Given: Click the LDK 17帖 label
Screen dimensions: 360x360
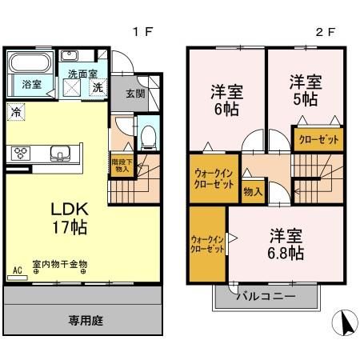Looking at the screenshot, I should (70, 218).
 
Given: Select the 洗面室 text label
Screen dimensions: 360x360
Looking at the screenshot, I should (82, 73).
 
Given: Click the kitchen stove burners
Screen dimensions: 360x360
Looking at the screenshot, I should (20, 152).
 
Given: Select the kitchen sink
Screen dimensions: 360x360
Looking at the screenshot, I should (59, 153).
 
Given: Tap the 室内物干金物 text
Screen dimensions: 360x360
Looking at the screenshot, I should (62, 264).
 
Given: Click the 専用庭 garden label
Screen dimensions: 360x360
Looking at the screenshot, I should (86, 321).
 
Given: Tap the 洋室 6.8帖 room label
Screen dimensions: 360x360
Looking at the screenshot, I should (286, 244).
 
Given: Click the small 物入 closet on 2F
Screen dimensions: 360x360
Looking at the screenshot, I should (253, 191).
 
